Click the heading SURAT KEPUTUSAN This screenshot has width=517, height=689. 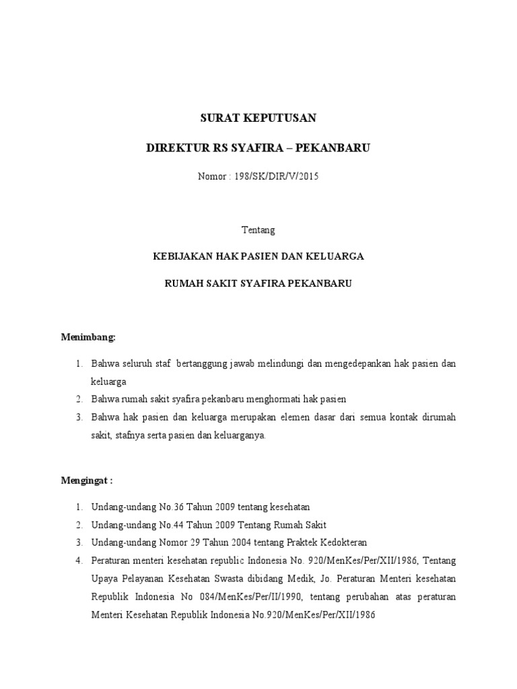[258, 118]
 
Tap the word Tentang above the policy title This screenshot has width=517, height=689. [258, 229]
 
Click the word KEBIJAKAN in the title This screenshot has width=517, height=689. [180, 256]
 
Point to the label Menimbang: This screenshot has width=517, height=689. [89, 336]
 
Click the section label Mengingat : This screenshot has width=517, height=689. [88, 481]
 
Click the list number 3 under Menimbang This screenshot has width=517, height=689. [78, 417]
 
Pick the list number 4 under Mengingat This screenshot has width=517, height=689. [78, 560]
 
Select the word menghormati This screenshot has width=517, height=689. [267, 399]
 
